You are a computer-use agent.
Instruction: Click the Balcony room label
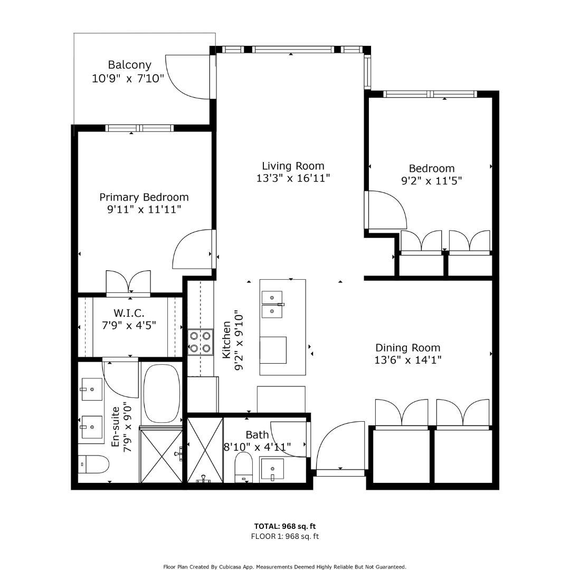129,65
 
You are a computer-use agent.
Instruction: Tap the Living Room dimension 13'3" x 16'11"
293,178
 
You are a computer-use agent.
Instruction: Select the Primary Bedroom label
144,197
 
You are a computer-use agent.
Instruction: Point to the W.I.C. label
129,313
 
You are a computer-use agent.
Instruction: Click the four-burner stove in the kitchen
200,341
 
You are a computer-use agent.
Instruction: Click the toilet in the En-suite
93,465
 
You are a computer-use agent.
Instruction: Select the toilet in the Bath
244,467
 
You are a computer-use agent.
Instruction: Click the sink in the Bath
272,468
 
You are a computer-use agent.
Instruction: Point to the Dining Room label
407,348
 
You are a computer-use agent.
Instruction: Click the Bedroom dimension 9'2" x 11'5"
431,181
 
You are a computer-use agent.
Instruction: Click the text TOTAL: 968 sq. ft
285,526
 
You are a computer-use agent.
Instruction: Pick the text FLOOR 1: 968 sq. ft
285,536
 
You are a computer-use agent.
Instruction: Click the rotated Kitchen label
226,340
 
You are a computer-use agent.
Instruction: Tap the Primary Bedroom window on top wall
139,128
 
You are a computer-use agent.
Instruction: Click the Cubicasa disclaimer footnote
285,566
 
